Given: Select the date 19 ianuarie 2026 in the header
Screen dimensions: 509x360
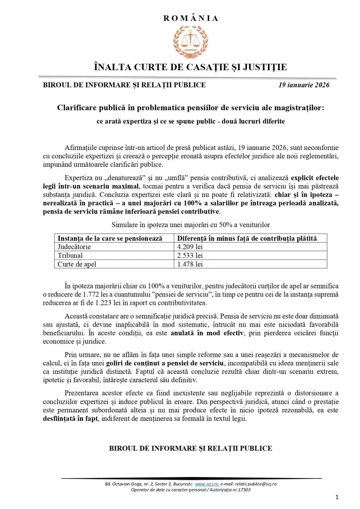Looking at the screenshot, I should click(303, 85).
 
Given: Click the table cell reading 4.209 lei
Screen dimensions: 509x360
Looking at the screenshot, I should click(189, 246).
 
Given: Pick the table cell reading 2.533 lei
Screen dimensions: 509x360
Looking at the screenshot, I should click(189, 255).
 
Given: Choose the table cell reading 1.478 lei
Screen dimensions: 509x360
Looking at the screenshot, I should click(189, 264).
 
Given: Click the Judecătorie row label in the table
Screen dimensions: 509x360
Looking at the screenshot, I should click(74, 246).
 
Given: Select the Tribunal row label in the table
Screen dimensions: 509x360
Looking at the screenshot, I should click(70, 255).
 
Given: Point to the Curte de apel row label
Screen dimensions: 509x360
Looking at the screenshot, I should click(77, 264).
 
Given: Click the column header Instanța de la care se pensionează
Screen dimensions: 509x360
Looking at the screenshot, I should click(109, 238).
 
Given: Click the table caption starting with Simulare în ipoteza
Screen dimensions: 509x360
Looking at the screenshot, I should click(190, 224).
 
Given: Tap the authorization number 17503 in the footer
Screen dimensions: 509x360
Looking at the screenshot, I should click(243, 490).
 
